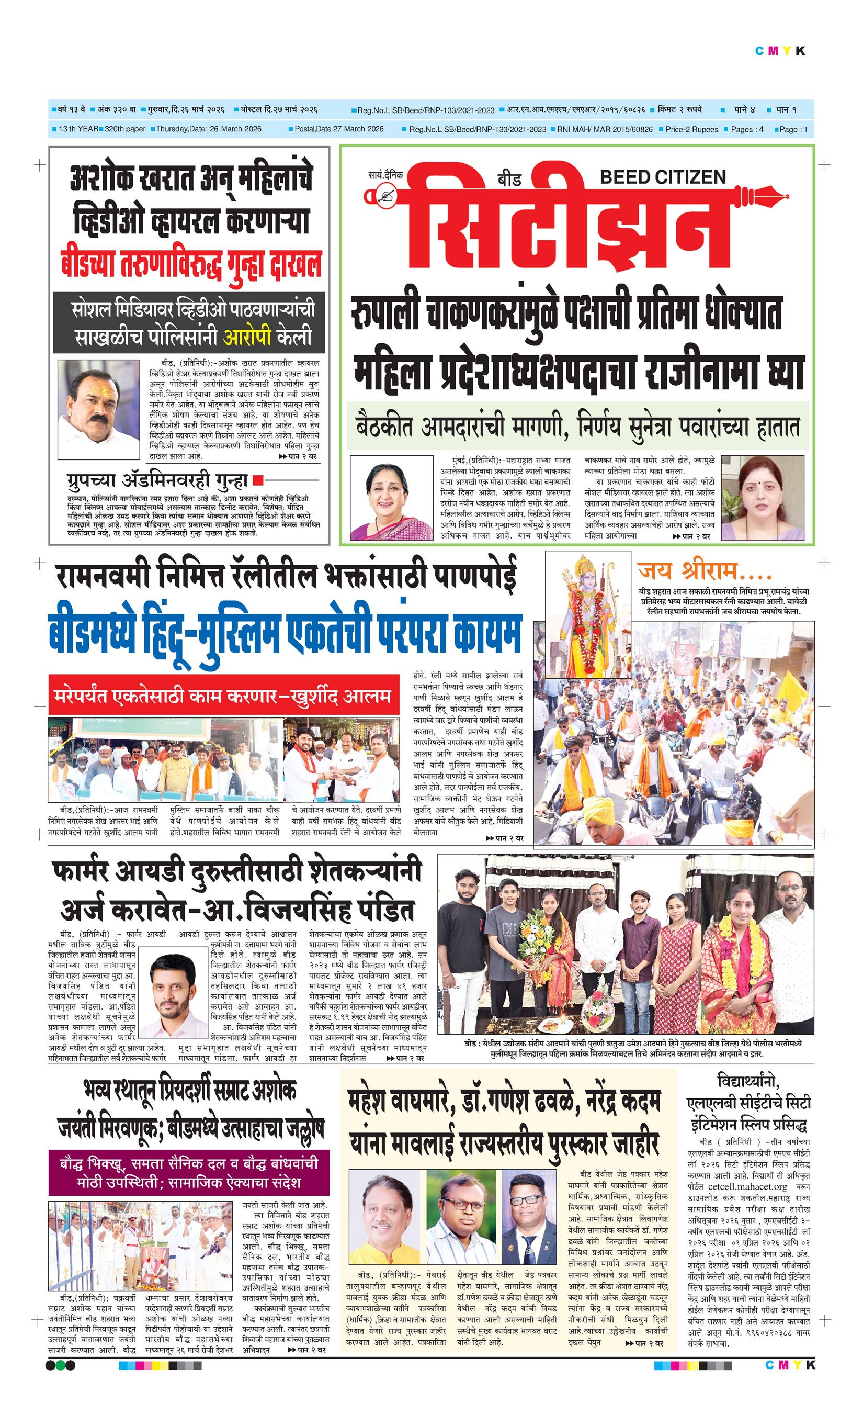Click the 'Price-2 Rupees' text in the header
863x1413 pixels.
pos(691,129)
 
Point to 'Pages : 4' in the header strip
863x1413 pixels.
pos(747,129)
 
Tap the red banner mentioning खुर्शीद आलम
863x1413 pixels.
pos(223,696)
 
